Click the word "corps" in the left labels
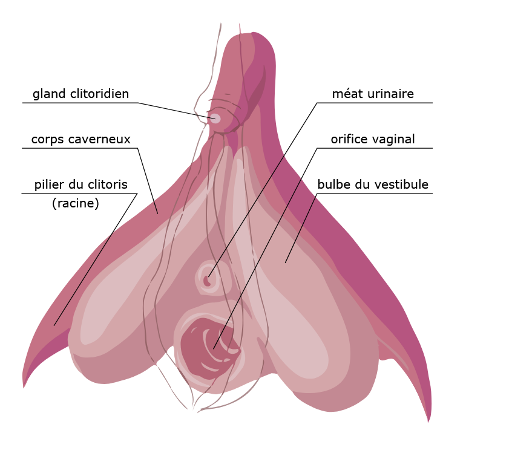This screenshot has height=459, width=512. pyautogui.click(x=47, y=140)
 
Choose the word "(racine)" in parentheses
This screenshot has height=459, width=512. pyautogui.click(x=76, y=204)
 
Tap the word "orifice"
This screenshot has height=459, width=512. pyautogui.click(x=350, y=140)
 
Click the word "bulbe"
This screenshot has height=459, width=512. pyautogui.click(x=333, y=184)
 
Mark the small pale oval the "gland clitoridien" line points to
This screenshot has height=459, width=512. pyautogui.click(x=215, y=118)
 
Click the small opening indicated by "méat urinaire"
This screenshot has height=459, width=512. pyautogui.click(x=208, y=280)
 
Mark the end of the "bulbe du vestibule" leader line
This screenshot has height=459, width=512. pyautogui.click(x=286, y=262)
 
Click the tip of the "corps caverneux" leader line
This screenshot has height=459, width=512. pyautogui.click(x=157, y=213)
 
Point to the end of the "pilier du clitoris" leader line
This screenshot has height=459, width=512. pyautogui.click(x=54, y=326)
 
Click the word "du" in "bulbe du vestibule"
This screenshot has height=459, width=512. pyautogui.click(x=362, y=184)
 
